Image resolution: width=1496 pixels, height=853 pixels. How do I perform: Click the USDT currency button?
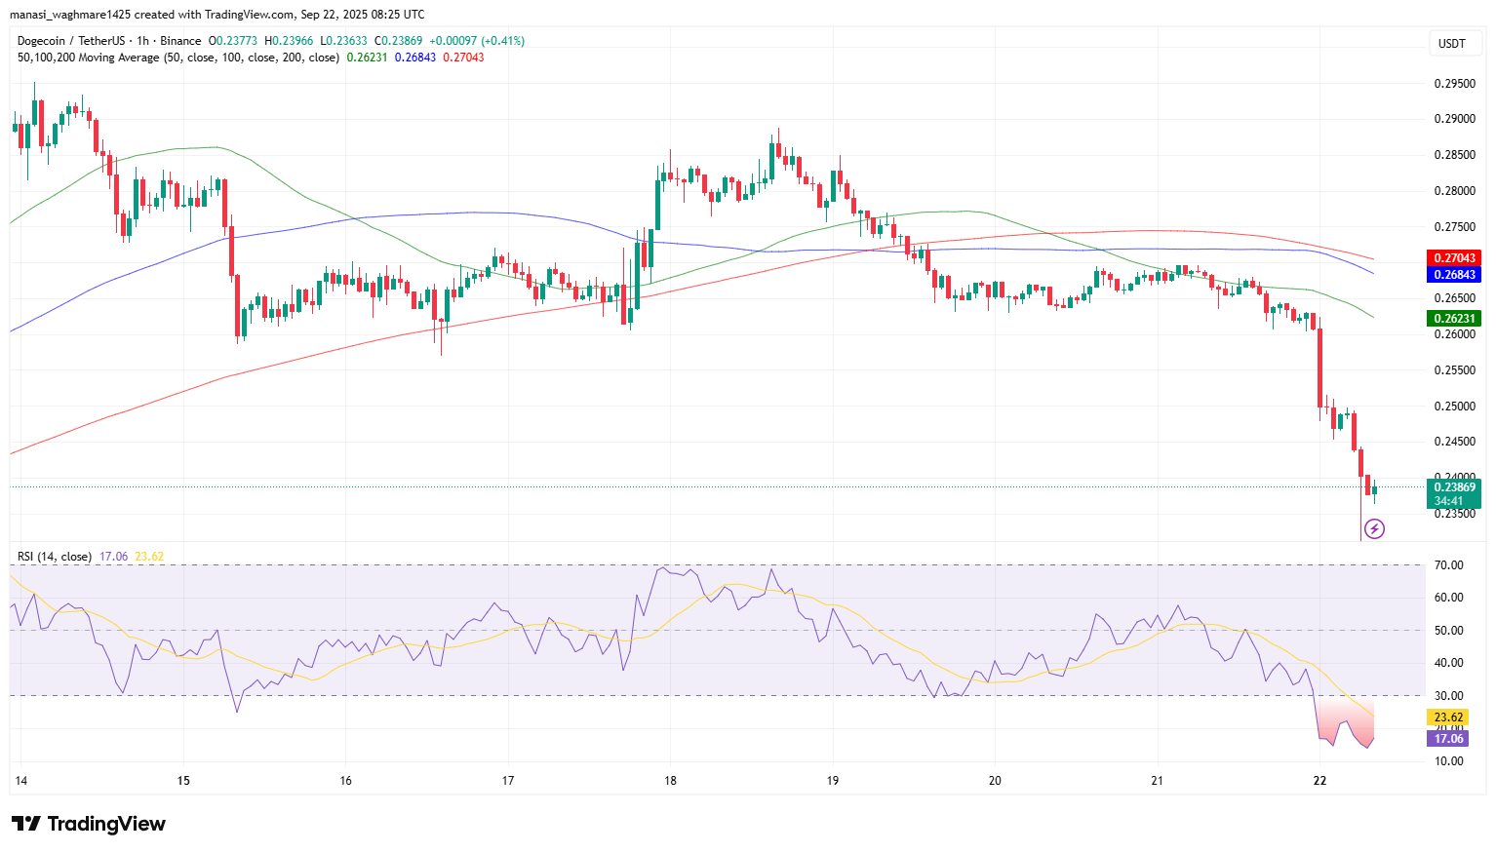coord(1452,43)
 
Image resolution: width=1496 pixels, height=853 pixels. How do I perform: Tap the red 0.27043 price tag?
coord(1453,258)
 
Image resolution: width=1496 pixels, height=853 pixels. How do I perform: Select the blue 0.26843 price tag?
coord(1453,275)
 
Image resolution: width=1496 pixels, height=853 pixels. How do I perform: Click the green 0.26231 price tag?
coord(1453,319)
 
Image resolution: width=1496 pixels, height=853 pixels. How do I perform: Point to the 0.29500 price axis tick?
coord(1453,84)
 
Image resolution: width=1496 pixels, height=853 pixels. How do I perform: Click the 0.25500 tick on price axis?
coord(1453,370)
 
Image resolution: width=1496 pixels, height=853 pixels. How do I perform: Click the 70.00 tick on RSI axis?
coord(1449,565)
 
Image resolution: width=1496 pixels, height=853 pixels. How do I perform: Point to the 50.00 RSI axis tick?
coord(1449,631)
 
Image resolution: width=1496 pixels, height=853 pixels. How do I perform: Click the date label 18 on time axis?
coord(670,781)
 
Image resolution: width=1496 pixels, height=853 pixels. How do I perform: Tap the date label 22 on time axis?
coord(1319,781)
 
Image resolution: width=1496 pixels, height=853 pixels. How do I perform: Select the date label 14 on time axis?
coord(21,781)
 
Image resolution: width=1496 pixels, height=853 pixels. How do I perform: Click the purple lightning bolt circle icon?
coord(1374,529)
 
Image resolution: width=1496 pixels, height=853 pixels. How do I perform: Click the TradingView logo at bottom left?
coord(89,824)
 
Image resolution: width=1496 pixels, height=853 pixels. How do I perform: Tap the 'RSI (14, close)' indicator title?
coord(55,557)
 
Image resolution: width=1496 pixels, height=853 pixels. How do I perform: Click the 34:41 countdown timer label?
coord(1448,501)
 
